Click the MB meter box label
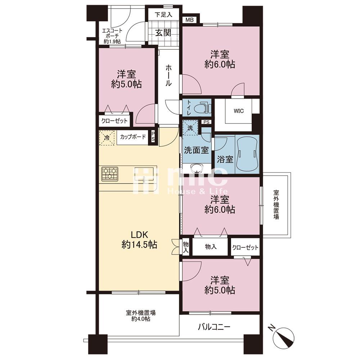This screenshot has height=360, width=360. point(189,20)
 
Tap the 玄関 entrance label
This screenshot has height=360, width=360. point(163,33)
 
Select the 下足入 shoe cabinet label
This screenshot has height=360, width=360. point(163,15)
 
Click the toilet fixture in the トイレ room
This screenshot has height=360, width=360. point(202,107)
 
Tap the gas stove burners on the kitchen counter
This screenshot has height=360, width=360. point(110,174)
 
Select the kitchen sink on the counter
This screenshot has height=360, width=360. point(144,175)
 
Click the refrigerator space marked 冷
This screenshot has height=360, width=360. point(107,138)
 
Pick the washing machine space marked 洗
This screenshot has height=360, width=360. point(190,128)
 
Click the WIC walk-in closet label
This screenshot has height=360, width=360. point(239,111)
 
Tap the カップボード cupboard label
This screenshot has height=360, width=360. point(133,137)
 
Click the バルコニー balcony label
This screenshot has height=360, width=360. point(214,327)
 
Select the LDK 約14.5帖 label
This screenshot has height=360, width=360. point(139,240)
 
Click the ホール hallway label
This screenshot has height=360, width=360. point(168,75)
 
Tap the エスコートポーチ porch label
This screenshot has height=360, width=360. point(112,36)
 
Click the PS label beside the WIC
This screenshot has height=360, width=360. point(206,122)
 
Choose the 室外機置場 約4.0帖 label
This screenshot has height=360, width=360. point(140,315)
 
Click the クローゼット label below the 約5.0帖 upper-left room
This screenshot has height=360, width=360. point(114,121)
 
